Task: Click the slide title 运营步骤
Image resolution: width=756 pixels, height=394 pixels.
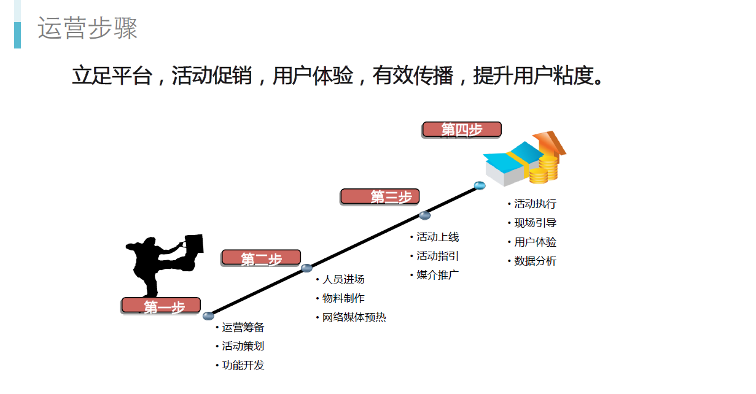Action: [87, 28]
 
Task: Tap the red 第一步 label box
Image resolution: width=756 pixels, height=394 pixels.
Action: [161, 305]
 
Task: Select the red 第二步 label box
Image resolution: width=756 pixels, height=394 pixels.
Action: [261, 258]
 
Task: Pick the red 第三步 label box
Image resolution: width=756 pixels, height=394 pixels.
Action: [380, 196]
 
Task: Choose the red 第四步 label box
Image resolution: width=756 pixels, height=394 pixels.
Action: [462, 129]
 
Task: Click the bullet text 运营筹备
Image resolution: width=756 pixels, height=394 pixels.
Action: [243, 327]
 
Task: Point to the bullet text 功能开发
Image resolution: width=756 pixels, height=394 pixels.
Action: [243, 365]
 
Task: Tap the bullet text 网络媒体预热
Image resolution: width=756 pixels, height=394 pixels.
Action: [354, 317]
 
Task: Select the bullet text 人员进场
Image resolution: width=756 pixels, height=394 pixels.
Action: [343, 279]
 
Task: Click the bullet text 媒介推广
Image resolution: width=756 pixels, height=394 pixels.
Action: [438, 275]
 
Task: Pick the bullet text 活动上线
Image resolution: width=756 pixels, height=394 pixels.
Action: [438, 237]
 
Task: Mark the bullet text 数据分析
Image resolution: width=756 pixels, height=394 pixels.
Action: [536, 261]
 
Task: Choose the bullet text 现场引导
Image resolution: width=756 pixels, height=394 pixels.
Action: [536, 223]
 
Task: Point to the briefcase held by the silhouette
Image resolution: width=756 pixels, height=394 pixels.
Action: [193, 244]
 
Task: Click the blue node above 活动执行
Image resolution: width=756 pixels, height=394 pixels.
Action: [480, 185]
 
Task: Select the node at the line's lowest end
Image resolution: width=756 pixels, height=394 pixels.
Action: [208, 315]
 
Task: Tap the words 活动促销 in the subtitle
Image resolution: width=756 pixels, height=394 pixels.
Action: [212, 75]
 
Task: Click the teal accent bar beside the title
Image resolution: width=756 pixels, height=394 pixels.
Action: [18, 35]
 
